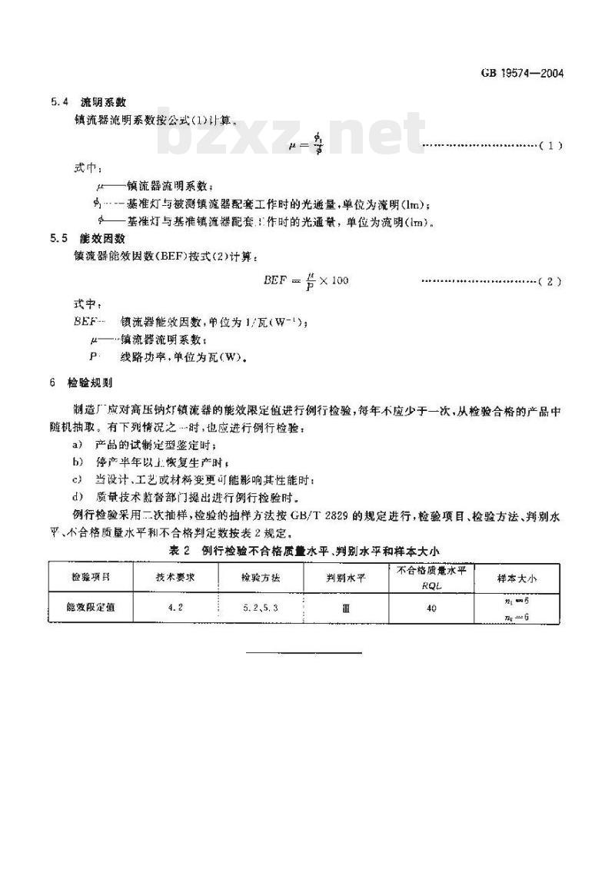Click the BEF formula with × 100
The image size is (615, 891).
(x=306, y=280)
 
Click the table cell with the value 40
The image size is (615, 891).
(x=431, y=608)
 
